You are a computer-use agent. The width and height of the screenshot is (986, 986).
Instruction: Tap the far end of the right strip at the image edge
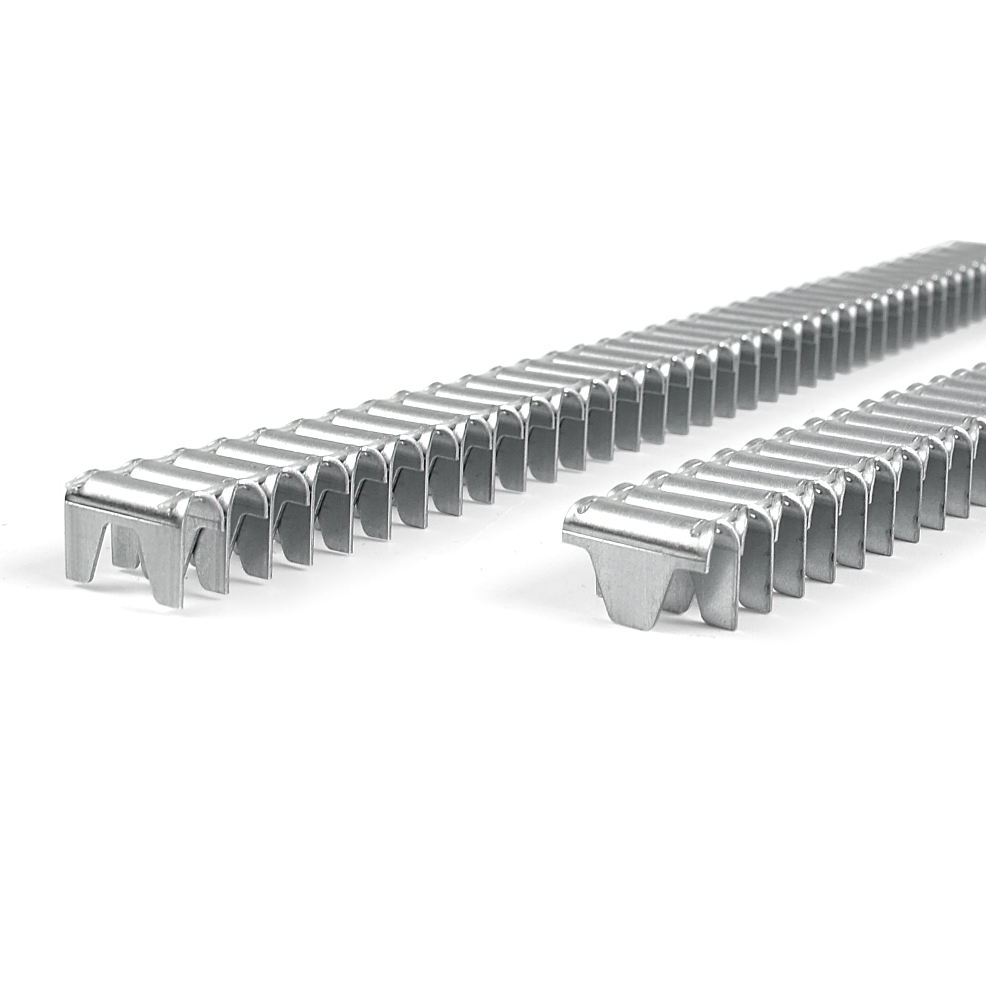(980, 394)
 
